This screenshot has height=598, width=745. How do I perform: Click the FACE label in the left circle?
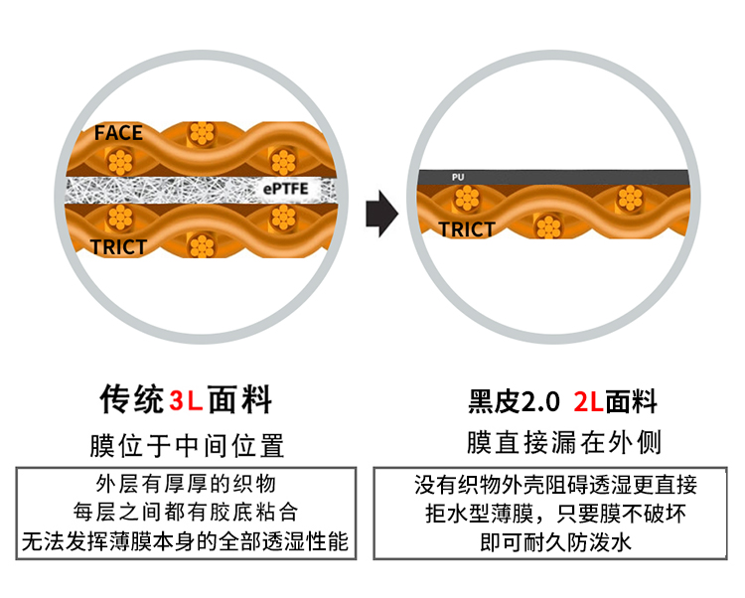(x=119, y=133)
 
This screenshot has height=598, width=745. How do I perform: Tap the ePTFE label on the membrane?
(x=288, y=188)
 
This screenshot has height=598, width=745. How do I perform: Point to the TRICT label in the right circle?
(x=467, y=229)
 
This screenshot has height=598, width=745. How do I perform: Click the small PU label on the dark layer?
(x=458, y=177)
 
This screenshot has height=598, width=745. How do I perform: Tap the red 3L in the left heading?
(x=186, y=400)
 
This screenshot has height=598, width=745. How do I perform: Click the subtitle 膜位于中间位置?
(x=187, y=444)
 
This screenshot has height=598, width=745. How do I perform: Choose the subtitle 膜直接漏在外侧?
(x=563, y=442)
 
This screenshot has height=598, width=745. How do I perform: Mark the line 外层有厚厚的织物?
(x=186, y=485)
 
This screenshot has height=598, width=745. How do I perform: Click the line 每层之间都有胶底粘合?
(x=186, y=514)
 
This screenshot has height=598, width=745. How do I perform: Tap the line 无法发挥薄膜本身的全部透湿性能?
(x=186, y=542)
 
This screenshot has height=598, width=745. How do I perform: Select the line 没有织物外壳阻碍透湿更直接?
(x=555, y=486)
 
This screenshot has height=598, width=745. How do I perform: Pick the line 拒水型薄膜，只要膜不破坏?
(x=555, y=515)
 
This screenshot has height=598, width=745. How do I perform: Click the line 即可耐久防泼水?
(x=555, y=543)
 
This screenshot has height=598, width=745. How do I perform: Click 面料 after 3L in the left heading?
(x=239, y=399)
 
